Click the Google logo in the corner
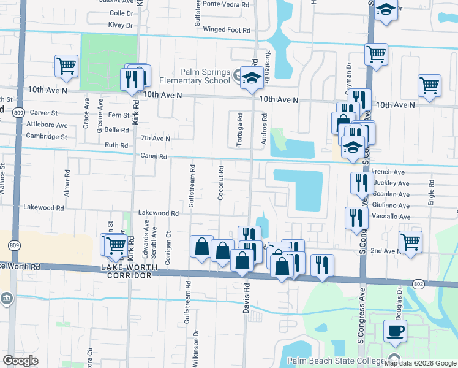pos(20,361)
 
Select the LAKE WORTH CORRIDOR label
pos(126,276)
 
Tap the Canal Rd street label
pos(154,156)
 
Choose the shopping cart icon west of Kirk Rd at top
pos(66,65)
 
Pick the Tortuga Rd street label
pos(239,130)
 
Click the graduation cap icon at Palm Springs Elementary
pos(250,79)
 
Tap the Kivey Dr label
pos(121,25)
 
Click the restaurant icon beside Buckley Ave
pos(361,182)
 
